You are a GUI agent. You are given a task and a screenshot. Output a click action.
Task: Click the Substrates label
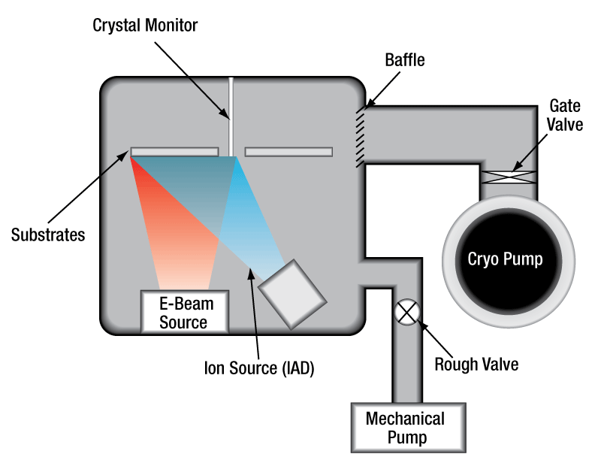[x=48, y=235]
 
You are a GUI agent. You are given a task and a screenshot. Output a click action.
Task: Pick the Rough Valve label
[x=477, y=365]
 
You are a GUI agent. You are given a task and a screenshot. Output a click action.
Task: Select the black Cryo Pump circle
[x=504, y=259]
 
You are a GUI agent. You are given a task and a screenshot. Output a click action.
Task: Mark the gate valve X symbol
[x=508, y=177]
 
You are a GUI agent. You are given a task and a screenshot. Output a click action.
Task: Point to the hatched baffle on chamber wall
[x=361, y=135]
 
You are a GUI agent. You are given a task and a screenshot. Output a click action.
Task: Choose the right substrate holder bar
[x=288, y=152]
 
